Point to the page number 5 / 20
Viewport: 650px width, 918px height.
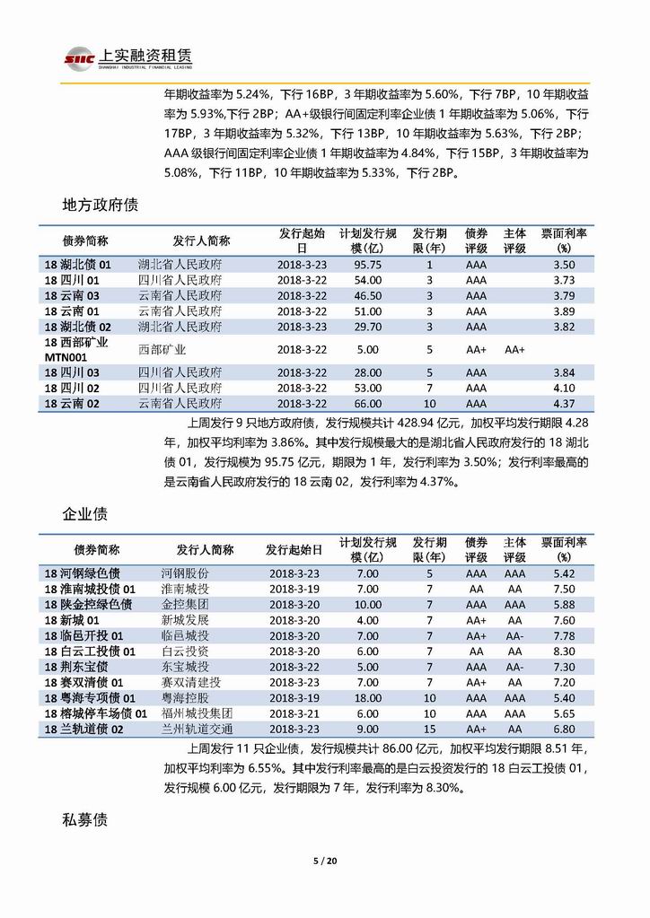(x=324, y=862)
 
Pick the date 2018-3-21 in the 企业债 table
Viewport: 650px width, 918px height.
(x=295, y=714)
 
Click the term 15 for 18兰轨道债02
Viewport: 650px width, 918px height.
(x=429, y=730)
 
